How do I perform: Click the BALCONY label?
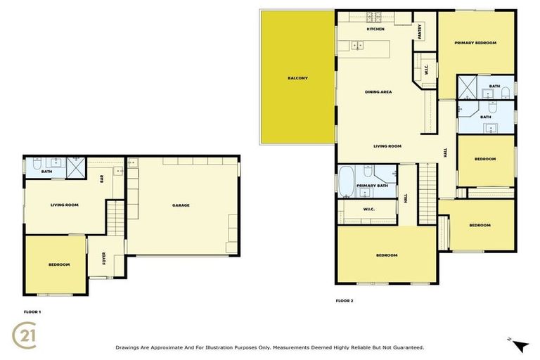tap(297, 78)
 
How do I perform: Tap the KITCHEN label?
tap(375, 30)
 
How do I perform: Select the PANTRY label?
tap(419, 31)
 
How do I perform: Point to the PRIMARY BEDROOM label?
tap(475, 43)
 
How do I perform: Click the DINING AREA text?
tap(378, 92)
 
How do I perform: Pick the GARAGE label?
tap(181, 205)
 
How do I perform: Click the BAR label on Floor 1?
tap(102, 179)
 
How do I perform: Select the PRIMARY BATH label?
tap(372, 186)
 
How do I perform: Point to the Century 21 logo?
tap(26, 335)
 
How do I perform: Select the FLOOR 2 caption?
tap(345, 300)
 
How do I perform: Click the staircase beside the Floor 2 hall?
tap(427, 193)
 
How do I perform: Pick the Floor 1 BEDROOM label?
tap(59, 264)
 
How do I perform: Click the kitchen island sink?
tap(358, 46)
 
